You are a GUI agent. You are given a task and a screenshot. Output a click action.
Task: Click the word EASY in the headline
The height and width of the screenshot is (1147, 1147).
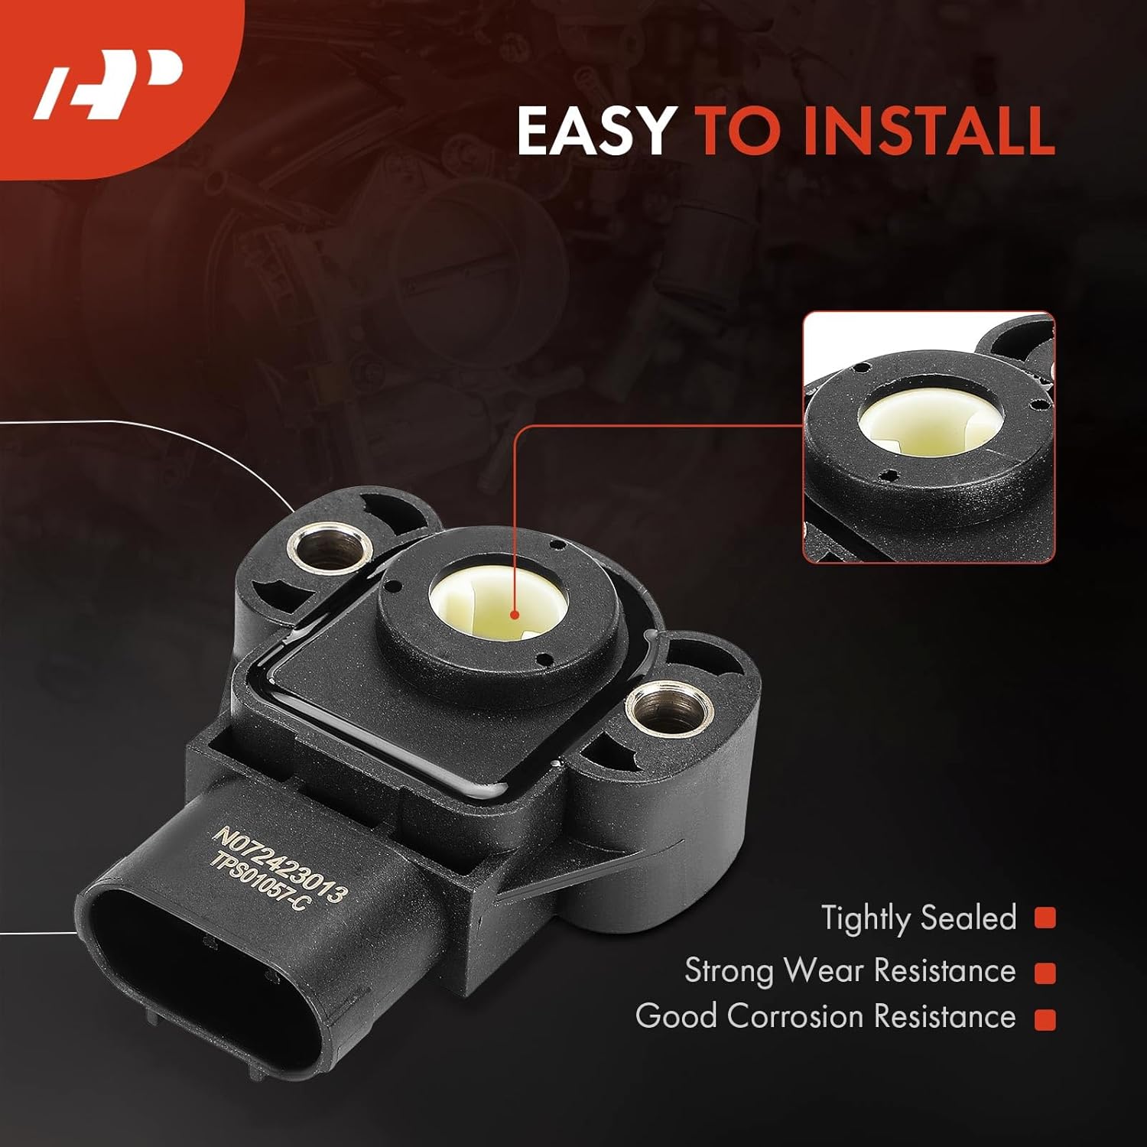click(x=595, y=131)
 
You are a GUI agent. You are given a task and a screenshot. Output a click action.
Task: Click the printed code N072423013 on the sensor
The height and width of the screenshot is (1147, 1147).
click(x=280, y=863)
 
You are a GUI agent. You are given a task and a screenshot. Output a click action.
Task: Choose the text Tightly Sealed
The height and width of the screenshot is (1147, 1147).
click(x=918, y=918)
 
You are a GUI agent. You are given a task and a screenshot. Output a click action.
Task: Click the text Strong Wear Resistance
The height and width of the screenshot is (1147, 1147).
click(x=850, y=971)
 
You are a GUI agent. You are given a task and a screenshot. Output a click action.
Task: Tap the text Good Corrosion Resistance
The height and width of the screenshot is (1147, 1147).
click(x=825, y=1017)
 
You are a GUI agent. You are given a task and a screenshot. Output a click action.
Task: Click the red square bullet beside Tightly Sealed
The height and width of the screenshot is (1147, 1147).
click(x=1045, y=918)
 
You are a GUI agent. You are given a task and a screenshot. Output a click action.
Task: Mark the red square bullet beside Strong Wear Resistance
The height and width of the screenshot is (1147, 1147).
click(x=1045, y=973)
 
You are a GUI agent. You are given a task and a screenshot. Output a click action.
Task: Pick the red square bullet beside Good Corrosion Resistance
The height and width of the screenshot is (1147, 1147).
click(x=1045, y=1019)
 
